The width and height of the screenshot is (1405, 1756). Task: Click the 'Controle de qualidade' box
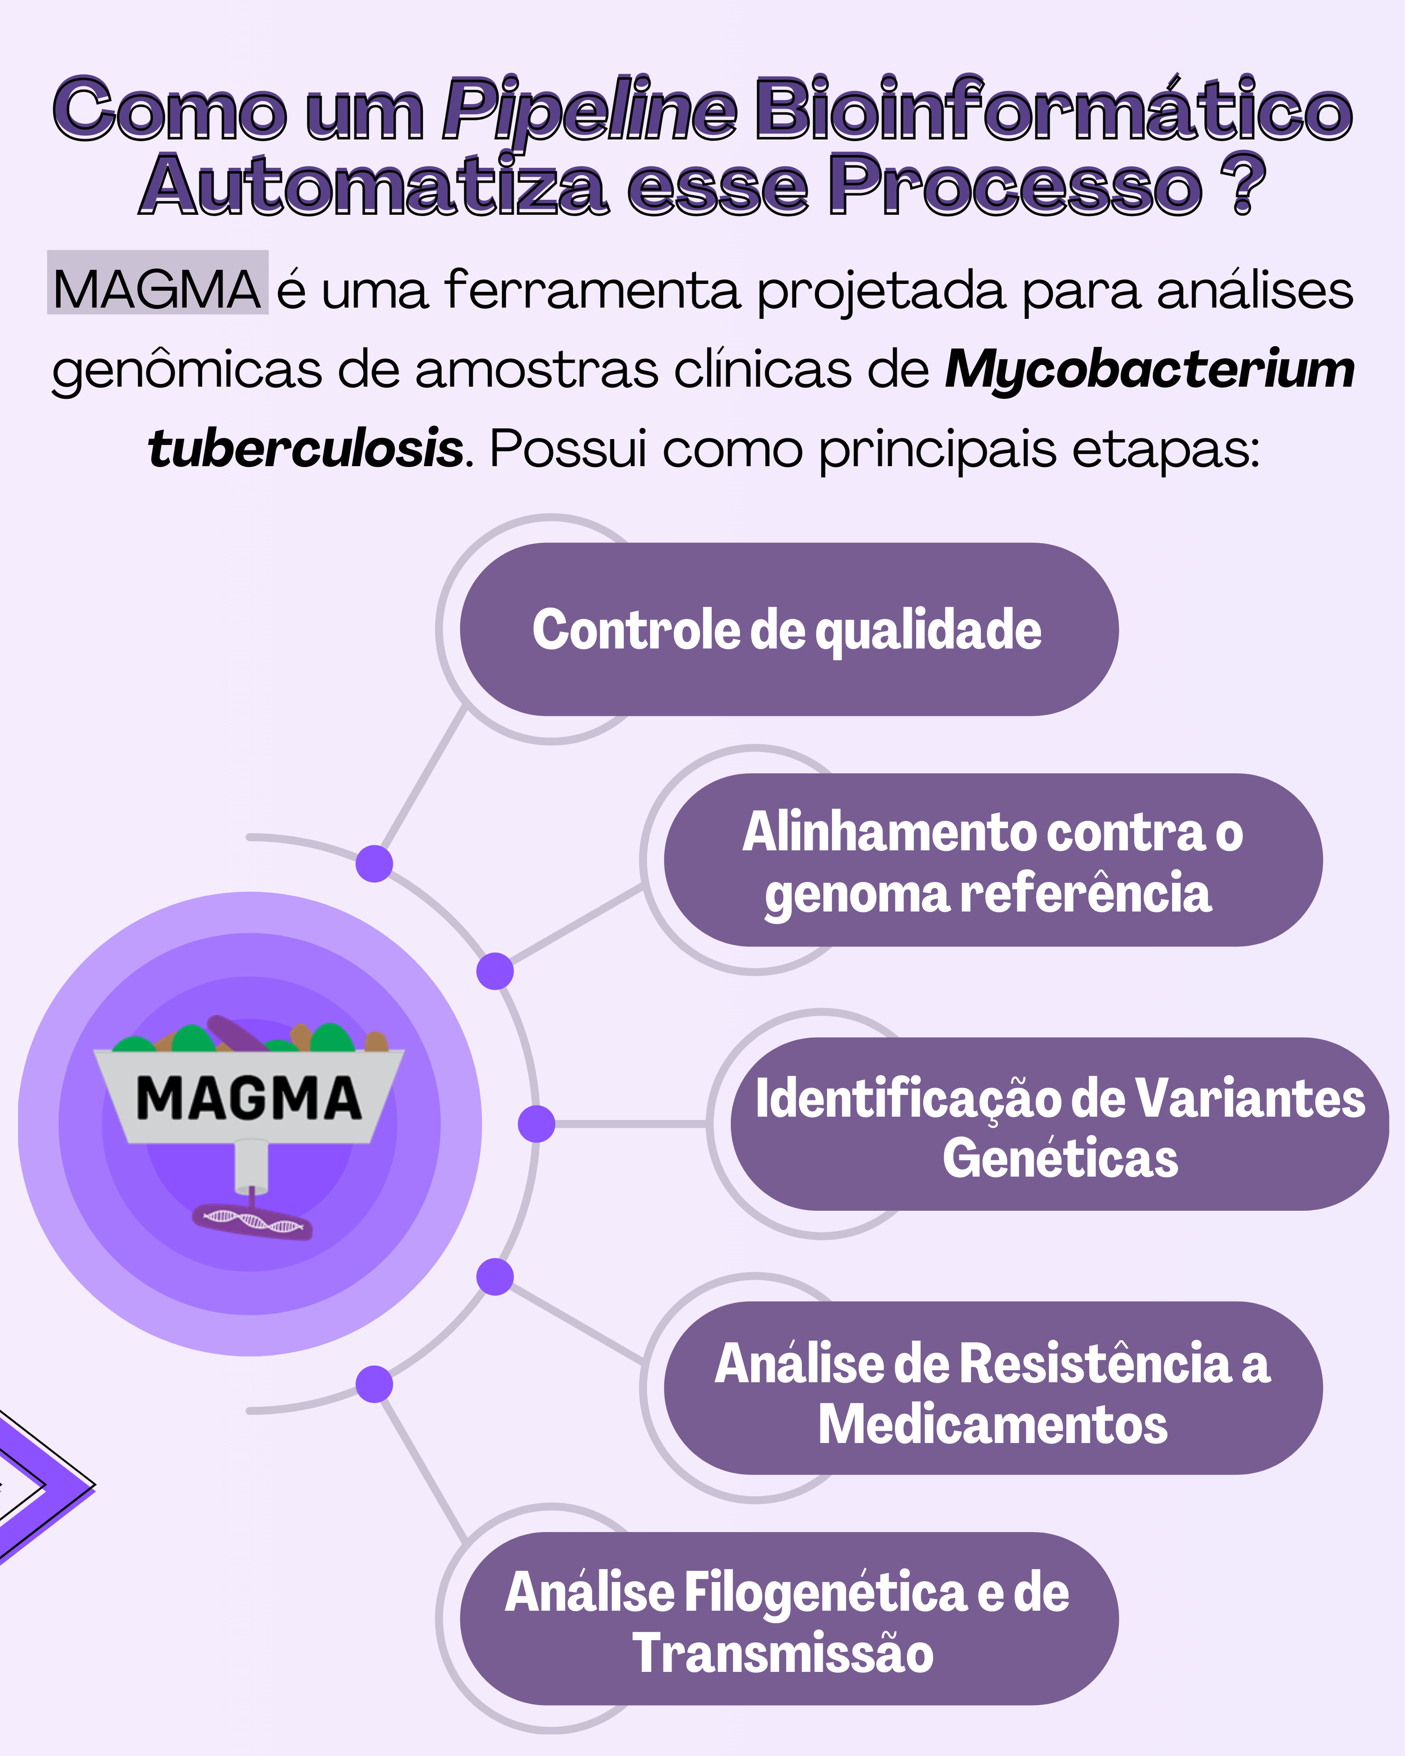click(788, 630)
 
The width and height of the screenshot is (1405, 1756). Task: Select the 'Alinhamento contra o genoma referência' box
click(993, 860)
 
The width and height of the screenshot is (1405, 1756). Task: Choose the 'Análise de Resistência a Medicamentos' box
click(993, 1388)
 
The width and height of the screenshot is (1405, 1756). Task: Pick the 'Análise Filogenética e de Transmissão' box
click(788, 1618)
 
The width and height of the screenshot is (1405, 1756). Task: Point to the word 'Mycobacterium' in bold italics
click(1149, 369)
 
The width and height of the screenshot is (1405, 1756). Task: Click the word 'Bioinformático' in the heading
click(1054, 107)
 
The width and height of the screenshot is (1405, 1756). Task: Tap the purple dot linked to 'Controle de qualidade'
click(375, 863)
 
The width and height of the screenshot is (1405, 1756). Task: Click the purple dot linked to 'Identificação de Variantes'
click(537, 1124)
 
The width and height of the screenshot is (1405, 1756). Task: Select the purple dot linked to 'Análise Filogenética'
click(375, 1385)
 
